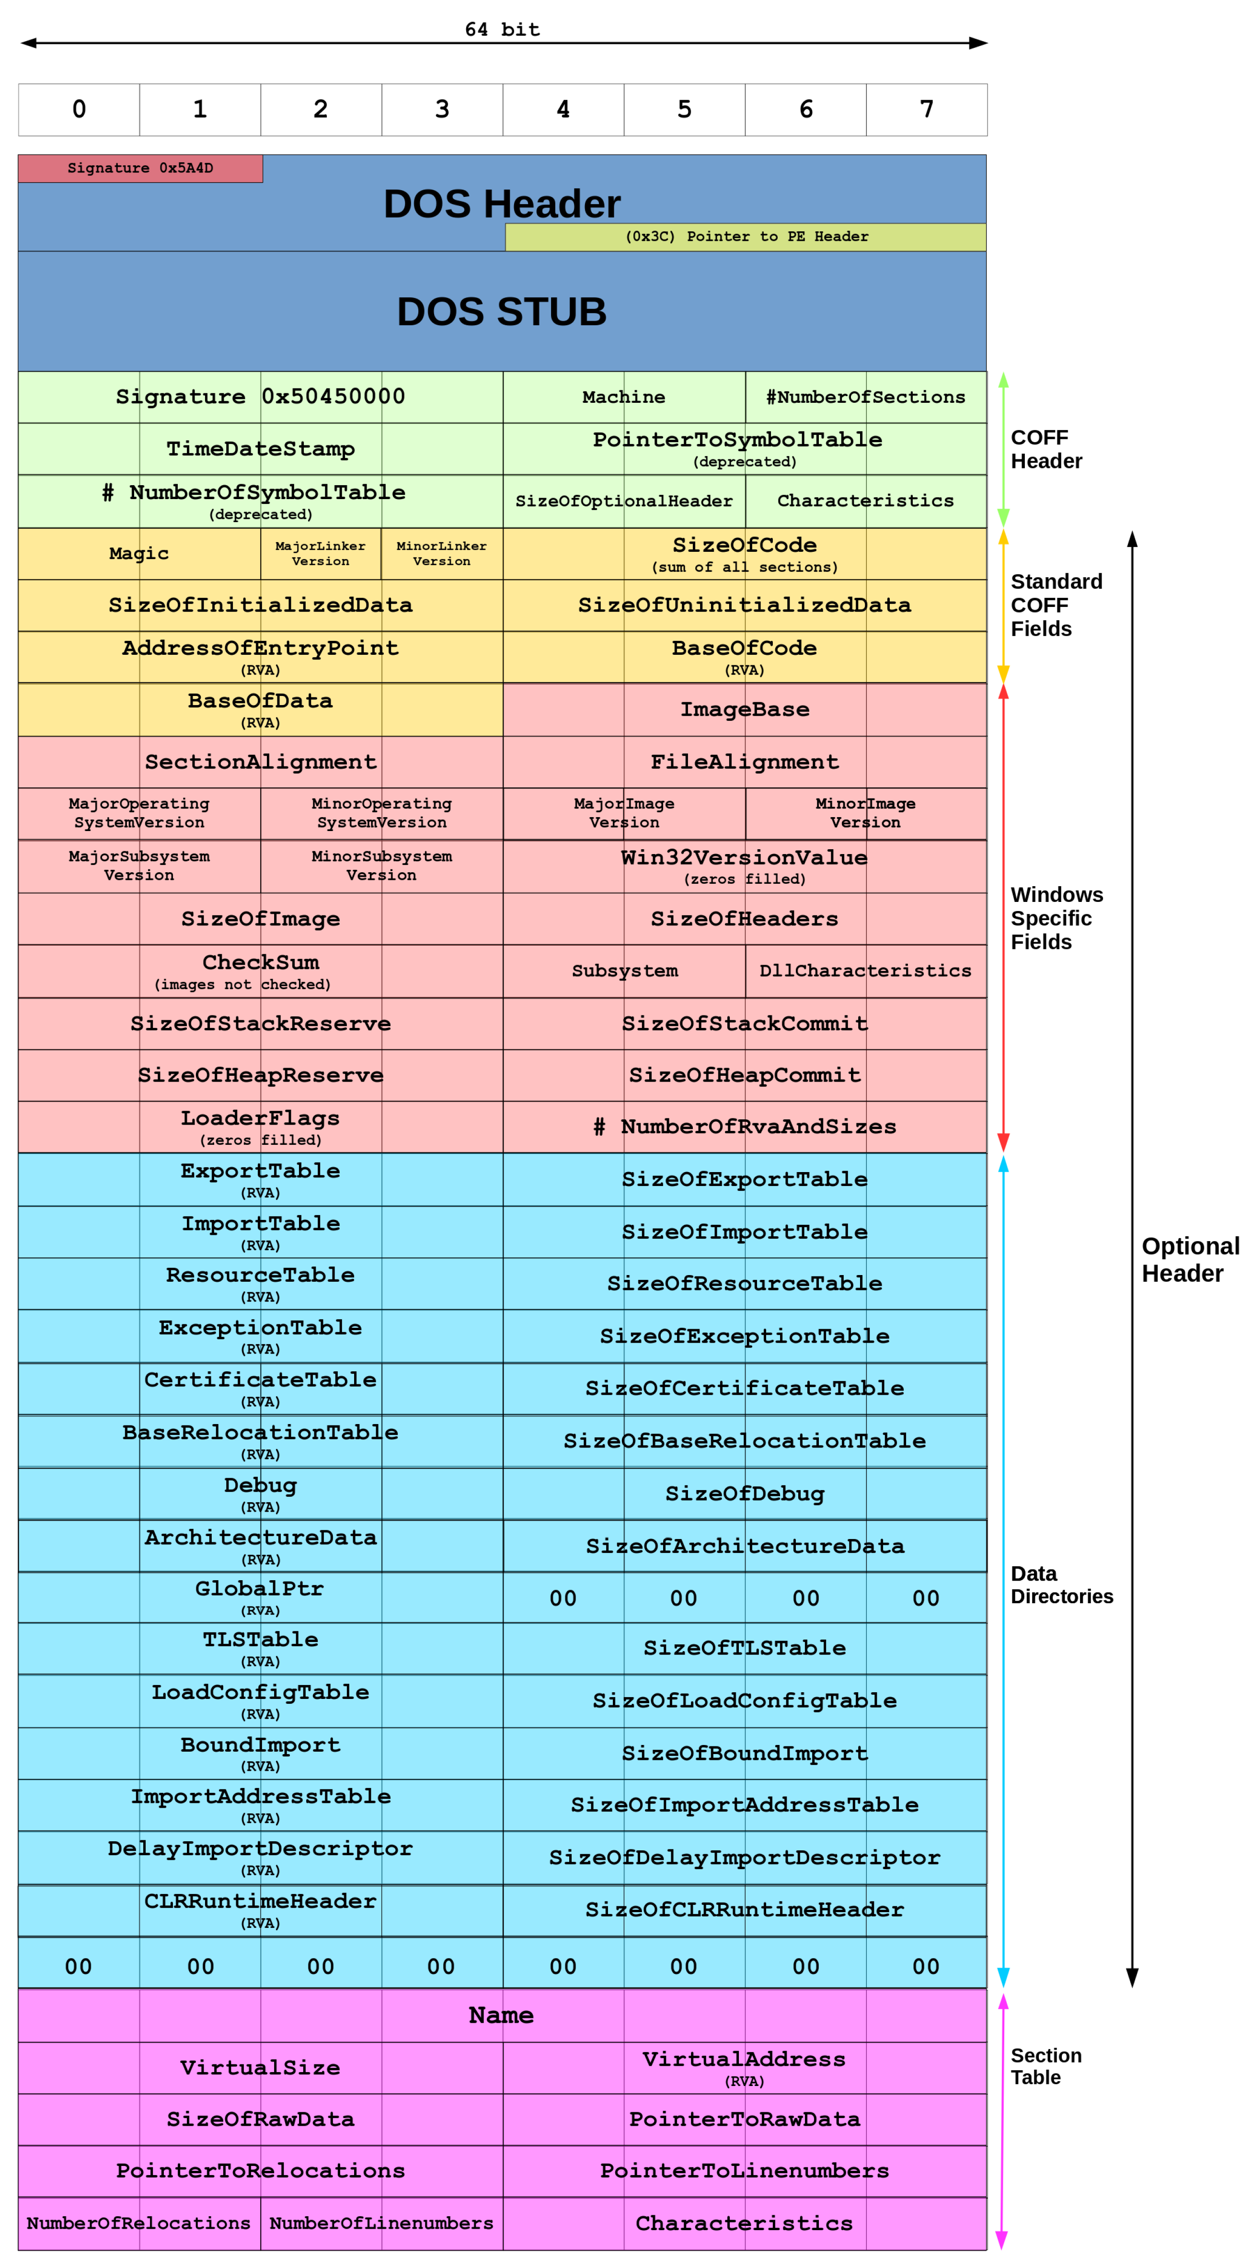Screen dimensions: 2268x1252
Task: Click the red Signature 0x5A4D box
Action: point(140,168)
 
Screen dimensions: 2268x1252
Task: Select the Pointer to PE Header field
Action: point(745,237)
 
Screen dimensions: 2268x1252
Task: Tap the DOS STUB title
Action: point(501,312)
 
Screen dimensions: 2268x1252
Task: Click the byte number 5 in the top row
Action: point(684,109)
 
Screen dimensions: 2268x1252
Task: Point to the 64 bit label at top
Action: point(502,29)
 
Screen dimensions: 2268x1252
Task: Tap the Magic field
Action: point(139,553)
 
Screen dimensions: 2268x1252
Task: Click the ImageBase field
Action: point(745,710)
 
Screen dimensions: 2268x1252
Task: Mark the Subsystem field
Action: point(624,971)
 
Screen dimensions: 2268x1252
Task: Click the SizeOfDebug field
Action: point(745,1494)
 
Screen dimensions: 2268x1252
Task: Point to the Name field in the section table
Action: point(501,2015)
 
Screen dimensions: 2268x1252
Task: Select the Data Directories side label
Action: point(1061,1585)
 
